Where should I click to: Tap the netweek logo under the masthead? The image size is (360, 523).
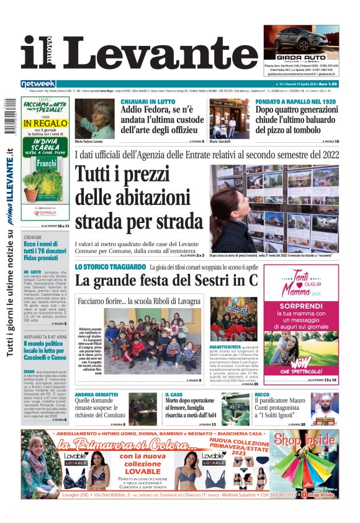pyautogui.click(x=38, y=84)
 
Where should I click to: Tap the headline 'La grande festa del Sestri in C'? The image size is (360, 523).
pyautogui.click(x=166, y=280)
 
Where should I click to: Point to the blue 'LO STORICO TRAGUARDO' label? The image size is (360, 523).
pyautogui.click(x=110, y=267)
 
